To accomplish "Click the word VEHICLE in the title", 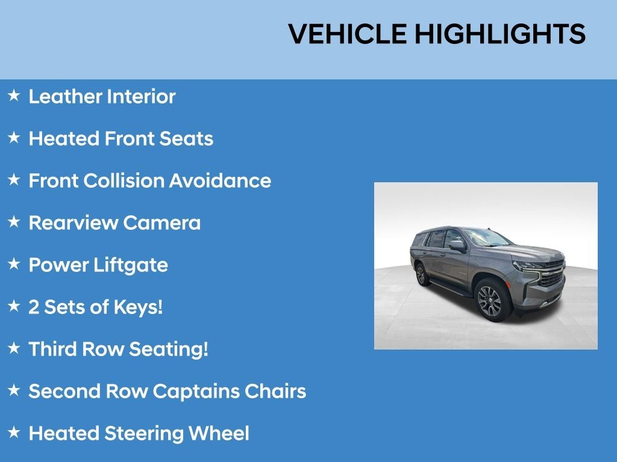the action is (x=348, y=34).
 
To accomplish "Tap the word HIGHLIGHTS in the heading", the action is (x=500, y=34).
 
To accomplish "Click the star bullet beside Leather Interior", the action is (x=14, y=95).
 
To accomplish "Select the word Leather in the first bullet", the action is (x=65, y=97).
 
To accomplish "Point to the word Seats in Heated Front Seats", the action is (x=186, y=139).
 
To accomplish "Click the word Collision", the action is (x=124, y=180).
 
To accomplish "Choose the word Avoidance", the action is (x=220, y=180).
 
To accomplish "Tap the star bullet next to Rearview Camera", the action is (x=14, y=221).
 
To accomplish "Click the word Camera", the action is (x=161, y=223).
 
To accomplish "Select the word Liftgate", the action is (x=131, y=265).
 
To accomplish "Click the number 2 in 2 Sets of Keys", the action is (x=34, y=307).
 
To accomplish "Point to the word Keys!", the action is (x=138, y=307).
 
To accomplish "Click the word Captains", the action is (x=196, y=391).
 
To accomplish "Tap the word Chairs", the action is (x=275, y=391).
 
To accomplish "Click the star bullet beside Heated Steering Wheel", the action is (x=14, y=432).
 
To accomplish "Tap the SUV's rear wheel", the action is (x=422, y=274).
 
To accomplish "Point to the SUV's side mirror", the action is (x=457, y=246).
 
